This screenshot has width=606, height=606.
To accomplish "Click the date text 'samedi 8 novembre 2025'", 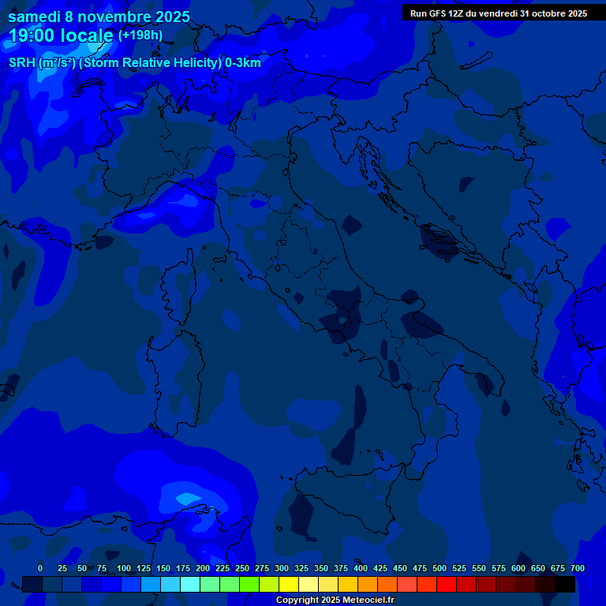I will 99,17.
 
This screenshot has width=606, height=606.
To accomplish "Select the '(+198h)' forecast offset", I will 140,35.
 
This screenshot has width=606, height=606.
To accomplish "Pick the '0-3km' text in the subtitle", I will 243,63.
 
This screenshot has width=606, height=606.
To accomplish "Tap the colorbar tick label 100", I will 124,568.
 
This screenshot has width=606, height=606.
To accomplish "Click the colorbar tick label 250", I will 242,568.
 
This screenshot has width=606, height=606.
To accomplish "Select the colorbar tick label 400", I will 361,568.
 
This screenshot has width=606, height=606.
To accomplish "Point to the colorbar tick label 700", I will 577,568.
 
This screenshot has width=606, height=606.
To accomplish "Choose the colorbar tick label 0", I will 40,568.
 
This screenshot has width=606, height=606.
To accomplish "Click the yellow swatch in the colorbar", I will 289,584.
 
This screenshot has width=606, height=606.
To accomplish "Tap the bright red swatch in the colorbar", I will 447,584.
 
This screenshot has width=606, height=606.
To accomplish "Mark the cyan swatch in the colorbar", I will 190,584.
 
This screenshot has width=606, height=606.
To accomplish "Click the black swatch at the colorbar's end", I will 565,584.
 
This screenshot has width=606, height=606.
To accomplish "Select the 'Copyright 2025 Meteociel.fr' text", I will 335,600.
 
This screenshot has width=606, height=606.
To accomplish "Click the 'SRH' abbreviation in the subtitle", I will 22,63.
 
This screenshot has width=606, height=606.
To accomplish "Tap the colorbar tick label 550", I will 479,568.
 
